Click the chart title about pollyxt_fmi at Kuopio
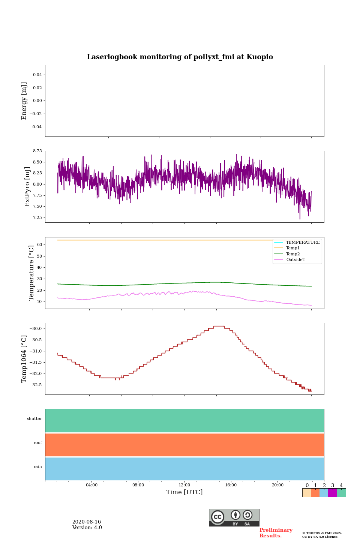click(180, 57)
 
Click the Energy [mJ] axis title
click(24, 101)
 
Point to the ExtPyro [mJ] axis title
click(27, 187)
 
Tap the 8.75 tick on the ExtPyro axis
click(37, 151)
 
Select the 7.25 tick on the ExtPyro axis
click(37, 217)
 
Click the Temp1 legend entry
click(293, 248)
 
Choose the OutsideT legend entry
click(295, 260)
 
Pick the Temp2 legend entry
click(293, 254)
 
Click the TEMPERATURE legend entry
click(303, 242)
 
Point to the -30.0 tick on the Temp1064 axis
click(36, 328)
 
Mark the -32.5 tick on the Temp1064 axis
click(36, 385)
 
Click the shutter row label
click(34, 419)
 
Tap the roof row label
click(38, 443)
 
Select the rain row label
click(38, 467)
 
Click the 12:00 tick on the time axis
click(184, 485)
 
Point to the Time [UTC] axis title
click(184, 492)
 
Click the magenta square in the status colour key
click(332, 493)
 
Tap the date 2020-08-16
click(87, 522)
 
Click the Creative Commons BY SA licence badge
click(234, 517)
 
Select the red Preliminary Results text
click(276, 533)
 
